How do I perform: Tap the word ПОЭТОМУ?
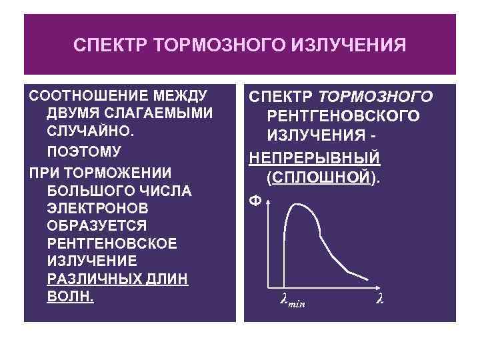tap(83, 149)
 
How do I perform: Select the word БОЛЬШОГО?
tap(87, 191)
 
